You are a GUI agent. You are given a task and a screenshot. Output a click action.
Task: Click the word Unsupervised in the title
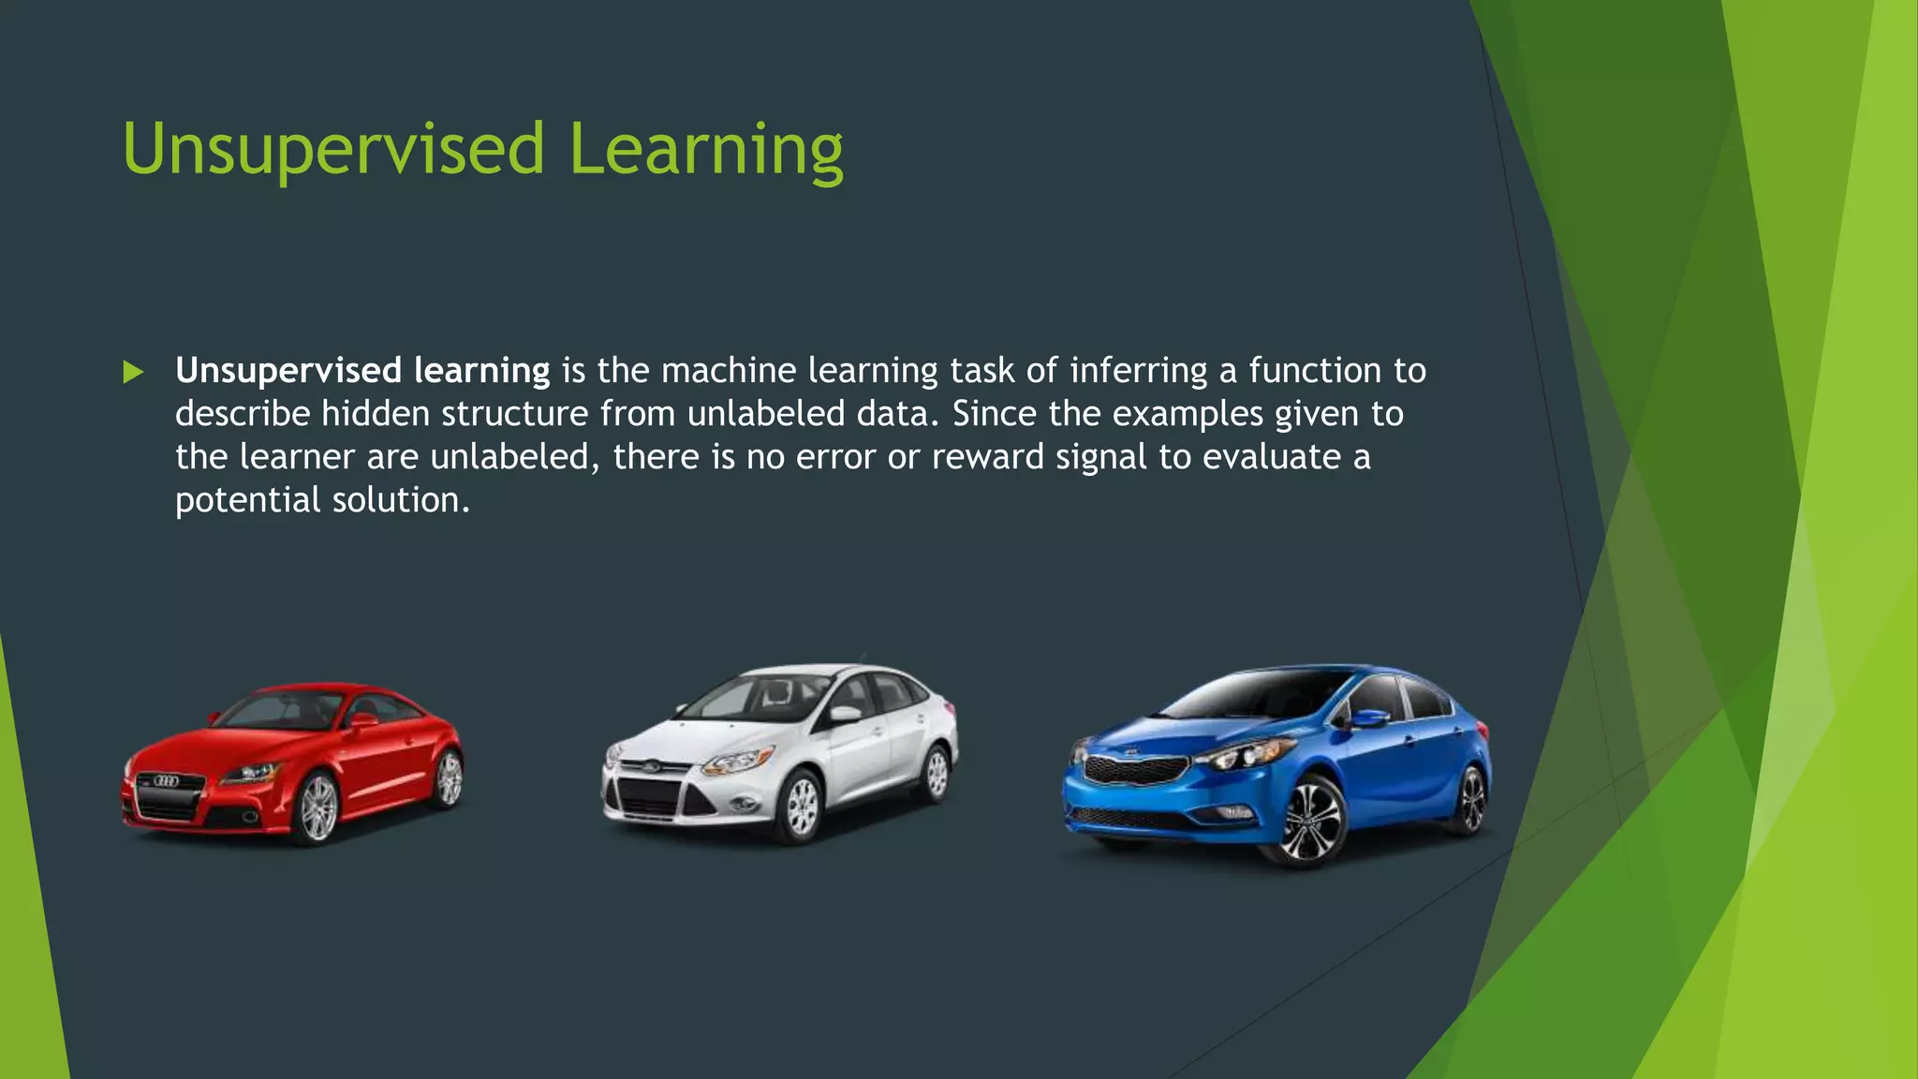pyautogui.click(x=332, y=150)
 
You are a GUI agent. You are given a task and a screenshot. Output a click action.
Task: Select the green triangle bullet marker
pyautogui.click(x=133, y=373)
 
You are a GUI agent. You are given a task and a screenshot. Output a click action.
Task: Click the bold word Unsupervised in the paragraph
pyautogui.click(x=288, y=371)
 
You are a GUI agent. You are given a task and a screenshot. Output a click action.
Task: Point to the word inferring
pyautogui.click(x=1138, y=371)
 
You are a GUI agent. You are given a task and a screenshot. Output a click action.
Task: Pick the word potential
pyautogui.click(x=247, y=500)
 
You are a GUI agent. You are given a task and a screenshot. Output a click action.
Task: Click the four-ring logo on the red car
pyautogui.click(x=166, y=781)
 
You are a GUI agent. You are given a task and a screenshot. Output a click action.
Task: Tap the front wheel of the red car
pyautogui.click(x=317, y=807)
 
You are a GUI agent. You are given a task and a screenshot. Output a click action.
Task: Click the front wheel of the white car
pyautogui.click(x=802, y=807)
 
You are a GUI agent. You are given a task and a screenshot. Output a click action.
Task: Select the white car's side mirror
pyautogui.click(x=845, y=714)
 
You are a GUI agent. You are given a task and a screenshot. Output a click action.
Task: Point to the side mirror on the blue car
pyautogui.click(x=1369, y=719)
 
